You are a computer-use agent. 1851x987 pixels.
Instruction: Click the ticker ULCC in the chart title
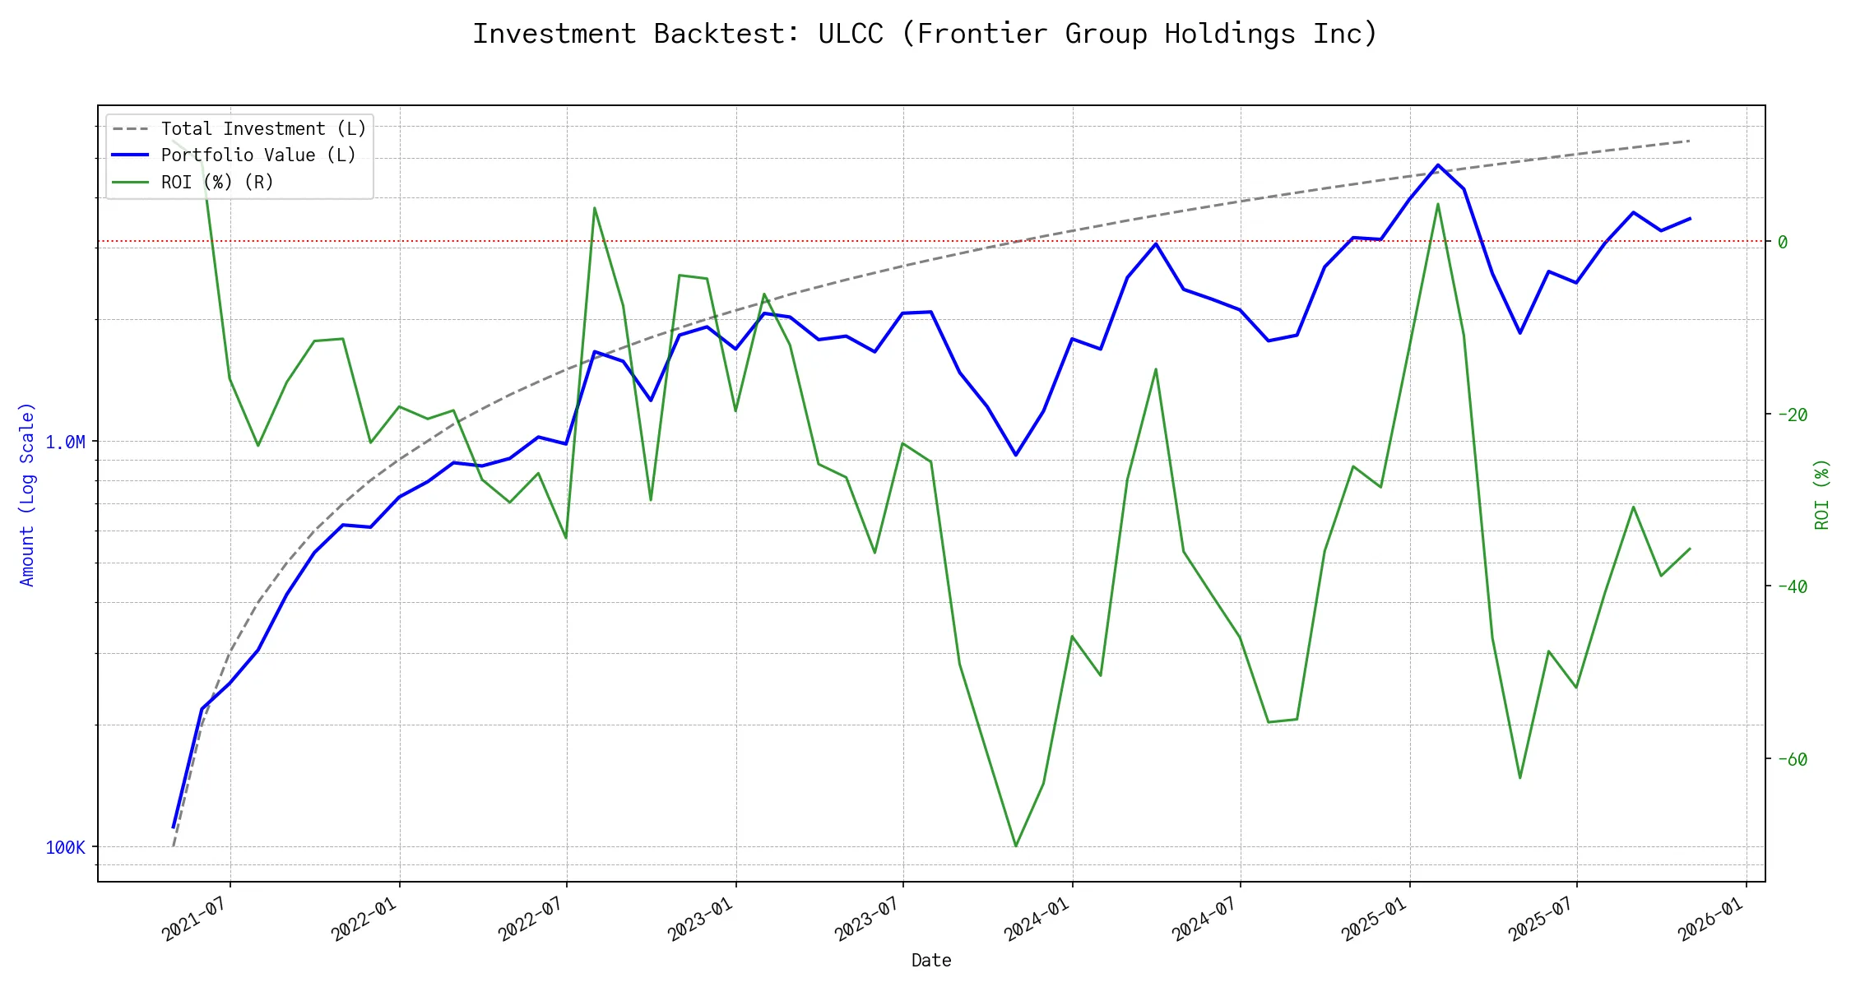point(850,34)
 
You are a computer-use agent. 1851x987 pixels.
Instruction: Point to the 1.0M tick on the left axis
point(65,443)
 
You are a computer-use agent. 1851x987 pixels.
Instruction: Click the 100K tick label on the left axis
point(65,848)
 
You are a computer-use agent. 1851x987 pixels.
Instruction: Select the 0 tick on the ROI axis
point(1782,242)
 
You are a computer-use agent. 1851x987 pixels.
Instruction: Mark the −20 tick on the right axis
point(1793,415)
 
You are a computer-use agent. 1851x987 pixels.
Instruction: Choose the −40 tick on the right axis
point(1793,586)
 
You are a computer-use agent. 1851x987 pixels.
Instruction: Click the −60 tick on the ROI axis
point(1793,759)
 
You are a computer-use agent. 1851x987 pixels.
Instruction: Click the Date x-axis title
point(931,961)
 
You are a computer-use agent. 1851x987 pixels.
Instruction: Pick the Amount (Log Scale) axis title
point(27,493)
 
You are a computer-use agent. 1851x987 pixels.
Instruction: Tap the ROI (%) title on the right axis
point(1822,493)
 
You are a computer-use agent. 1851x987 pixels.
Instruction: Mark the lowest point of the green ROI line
point(1016,846)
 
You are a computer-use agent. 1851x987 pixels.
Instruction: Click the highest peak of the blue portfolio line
point(1438,165)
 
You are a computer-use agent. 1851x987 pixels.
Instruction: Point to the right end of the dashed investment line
point(1690,141)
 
